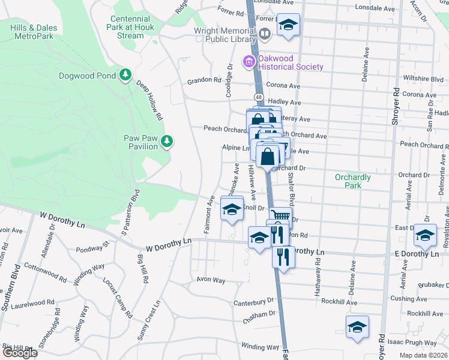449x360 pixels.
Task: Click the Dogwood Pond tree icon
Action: pos(125,75)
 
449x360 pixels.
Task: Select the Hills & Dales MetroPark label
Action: pos(32,32)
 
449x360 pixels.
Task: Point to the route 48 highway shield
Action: pos(258,97)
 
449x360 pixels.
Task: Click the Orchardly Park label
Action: pos(353,181)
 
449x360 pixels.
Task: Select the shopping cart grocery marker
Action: pos(279,216)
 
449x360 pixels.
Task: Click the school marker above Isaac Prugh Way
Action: pos(357,326)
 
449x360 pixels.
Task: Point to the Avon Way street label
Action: pos(211,280)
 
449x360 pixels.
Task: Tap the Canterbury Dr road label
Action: pos(253,301)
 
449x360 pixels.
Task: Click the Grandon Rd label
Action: pos(204,80)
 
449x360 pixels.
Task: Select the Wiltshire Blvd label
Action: pos(424,79)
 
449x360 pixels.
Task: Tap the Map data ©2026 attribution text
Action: pos(424,355)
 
